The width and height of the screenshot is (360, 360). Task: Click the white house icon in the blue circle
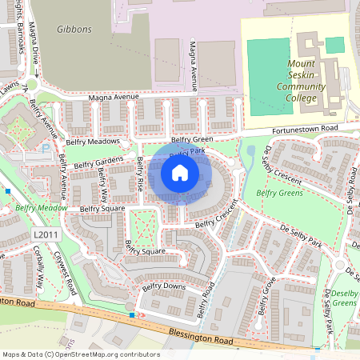click(180, 172)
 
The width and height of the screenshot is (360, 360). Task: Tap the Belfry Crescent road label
click(217, 212)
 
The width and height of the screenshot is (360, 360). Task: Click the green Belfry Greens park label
click(278, 193)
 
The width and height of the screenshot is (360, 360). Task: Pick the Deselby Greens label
click(344, 298)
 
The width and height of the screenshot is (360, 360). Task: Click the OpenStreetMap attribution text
click(80, 354)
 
